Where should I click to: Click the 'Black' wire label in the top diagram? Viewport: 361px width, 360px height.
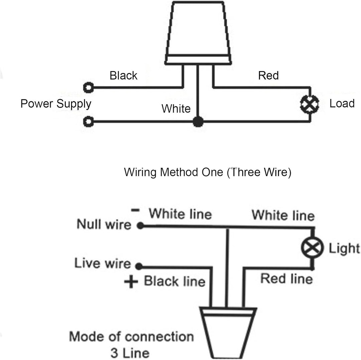[x=123, y=76]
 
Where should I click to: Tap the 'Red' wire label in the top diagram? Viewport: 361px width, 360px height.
[x=268, y=76]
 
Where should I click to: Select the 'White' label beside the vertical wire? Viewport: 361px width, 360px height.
[x=176, y=108]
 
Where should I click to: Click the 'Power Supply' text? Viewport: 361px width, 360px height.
[x=56, y=104]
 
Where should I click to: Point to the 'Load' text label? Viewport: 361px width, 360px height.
[x=342, y=103]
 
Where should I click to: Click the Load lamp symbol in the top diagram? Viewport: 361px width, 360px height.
[x=310, y=104]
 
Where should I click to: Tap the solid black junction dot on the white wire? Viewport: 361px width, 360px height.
[x=198, y=121]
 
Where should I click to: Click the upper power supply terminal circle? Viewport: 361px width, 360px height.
[x=88, y=88]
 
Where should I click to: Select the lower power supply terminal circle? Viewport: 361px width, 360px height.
[x=88, y=122]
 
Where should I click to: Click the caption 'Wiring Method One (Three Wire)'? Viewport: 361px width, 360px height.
[x=208, y=172]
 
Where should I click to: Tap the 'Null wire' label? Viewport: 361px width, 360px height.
[x=104, y=224]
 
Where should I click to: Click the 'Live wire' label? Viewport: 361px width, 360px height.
[x=103, y=263]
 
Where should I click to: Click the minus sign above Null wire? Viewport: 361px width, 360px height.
[x=135, y=210]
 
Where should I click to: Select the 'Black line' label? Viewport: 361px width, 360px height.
[x=174, y=281]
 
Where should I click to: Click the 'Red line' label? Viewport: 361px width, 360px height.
[x=287, y=278]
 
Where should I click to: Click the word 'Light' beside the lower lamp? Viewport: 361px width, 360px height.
[x=344, y=249]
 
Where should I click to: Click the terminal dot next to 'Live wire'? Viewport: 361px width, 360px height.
[x=139, y=266]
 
